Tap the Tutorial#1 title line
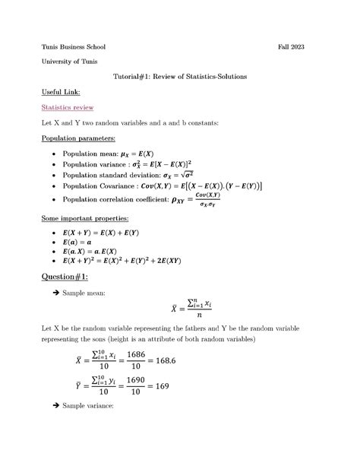click(x=179, y=77)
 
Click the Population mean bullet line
click(x=114, y=154)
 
